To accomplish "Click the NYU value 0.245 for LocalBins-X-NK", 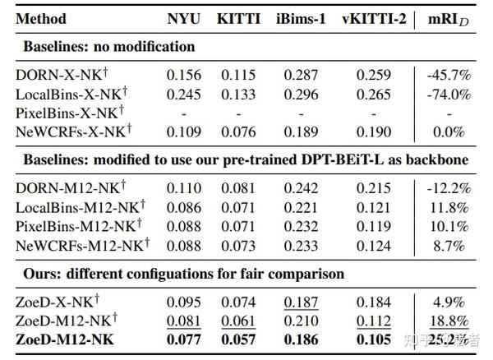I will pos(183,93).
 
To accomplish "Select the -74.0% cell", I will pos(449,93).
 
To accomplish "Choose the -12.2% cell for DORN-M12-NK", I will pos(449,188).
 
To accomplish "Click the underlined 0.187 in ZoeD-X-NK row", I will pos(301,302).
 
